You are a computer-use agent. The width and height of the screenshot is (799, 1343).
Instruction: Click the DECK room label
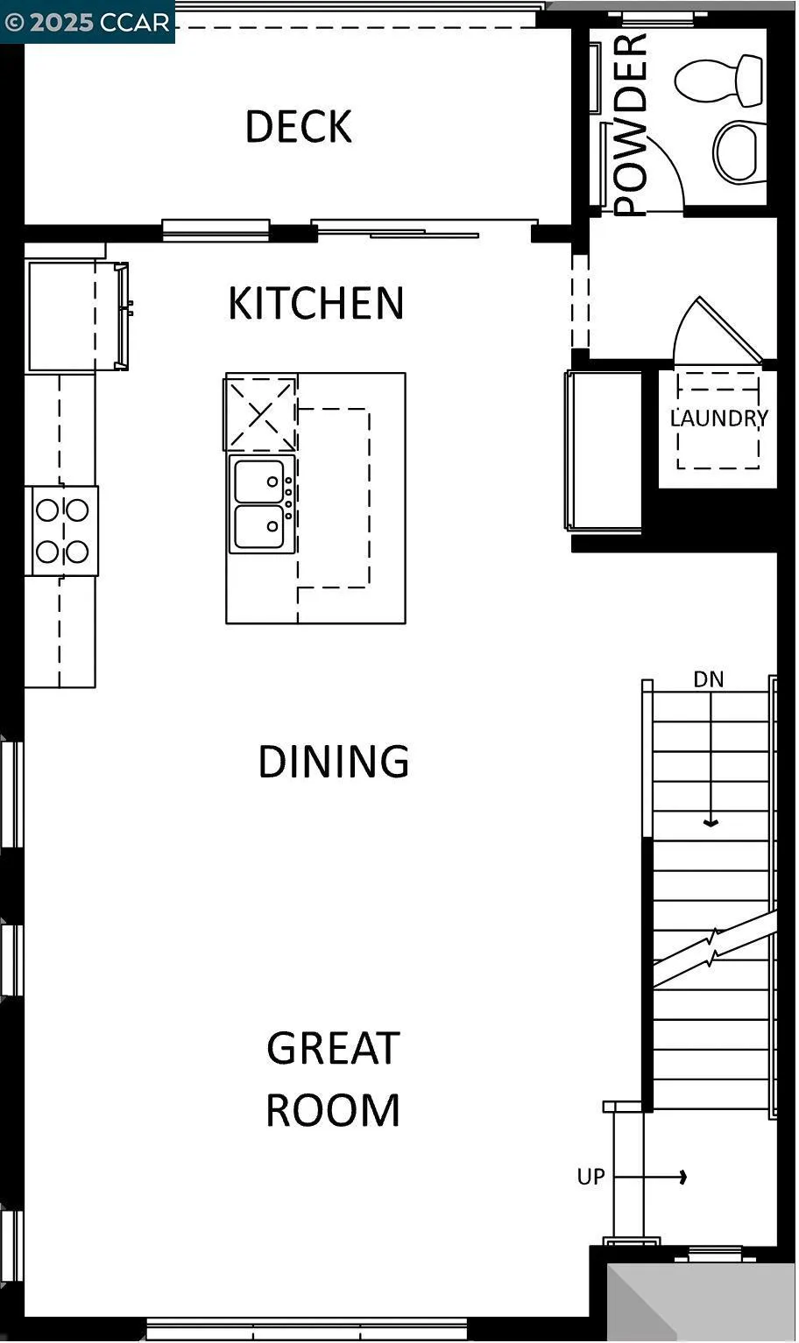298,127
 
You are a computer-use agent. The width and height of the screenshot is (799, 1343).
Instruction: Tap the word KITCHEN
315,303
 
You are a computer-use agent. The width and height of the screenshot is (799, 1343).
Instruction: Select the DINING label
333,762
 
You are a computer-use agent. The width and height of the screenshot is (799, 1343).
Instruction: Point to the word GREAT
333,1048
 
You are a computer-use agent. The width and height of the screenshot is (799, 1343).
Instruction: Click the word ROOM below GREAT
333,1110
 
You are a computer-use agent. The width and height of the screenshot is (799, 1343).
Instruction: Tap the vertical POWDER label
630,124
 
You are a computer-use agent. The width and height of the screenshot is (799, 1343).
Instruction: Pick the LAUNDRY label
718,418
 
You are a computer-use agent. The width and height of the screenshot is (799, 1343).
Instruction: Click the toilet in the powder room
720,80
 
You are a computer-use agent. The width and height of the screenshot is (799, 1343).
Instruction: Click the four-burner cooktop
62,531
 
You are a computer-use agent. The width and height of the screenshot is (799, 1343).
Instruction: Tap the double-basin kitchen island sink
261,504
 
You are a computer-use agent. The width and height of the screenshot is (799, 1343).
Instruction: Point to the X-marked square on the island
261,413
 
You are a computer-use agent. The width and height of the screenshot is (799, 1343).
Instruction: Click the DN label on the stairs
709,679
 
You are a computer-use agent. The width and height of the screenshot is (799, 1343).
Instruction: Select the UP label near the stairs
591,1178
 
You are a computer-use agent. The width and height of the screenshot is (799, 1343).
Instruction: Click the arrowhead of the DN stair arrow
711,823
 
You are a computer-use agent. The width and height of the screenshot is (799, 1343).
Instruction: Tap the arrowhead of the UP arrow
682,1178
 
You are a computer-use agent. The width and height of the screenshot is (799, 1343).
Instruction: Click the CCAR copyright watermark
88,22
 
